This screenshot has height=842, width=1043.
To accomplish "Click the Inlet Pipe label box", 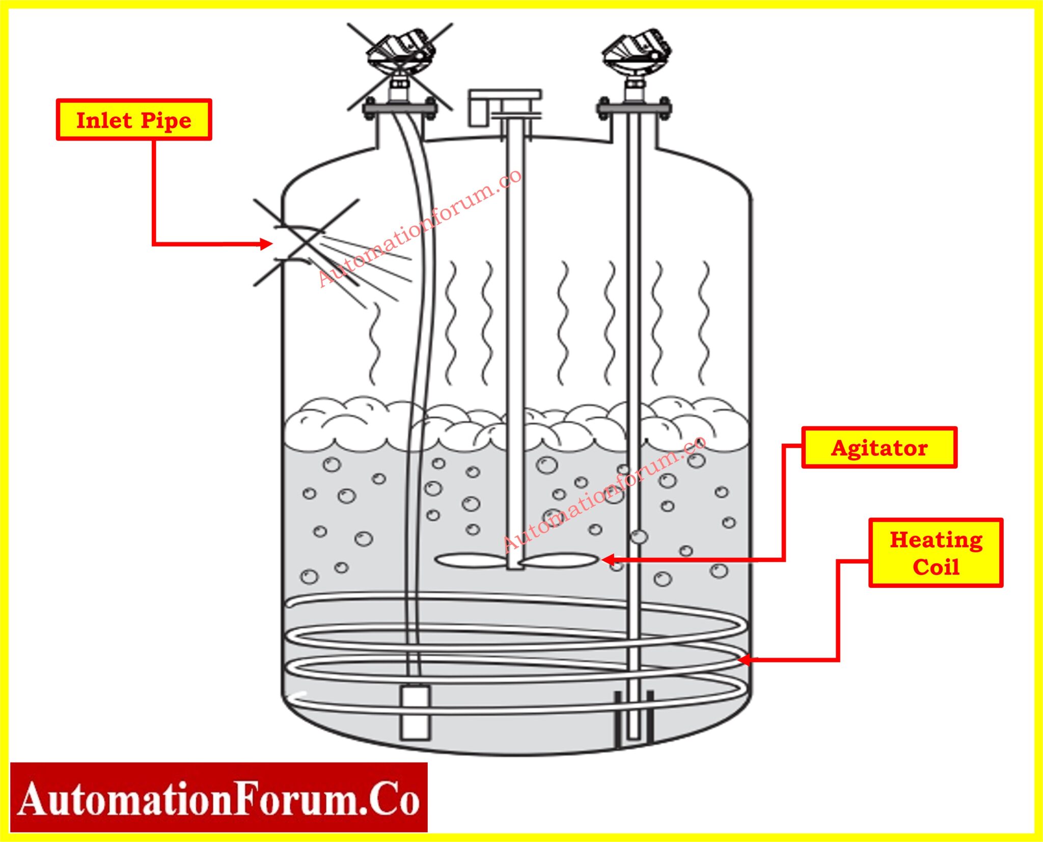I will pos(133,120).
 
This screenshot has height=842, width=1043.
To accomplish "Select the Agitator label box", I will pos(879,448).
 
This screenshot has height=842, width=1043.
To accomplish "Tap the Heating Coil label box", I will pos(936,553).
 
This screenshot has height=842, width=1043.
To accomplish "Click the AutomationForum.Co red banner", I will pos(218,798).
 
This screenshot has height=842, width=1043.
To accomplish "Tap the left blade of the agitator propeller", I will pos(468,560).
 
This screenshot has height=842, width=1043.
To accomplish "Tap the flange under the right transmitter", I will pos(634,108).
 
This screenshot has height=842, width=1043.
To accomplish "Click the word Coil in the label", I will pos(936,567).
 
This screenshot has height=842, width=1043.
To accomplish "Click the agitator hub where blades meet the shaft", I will pos(515,562).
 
